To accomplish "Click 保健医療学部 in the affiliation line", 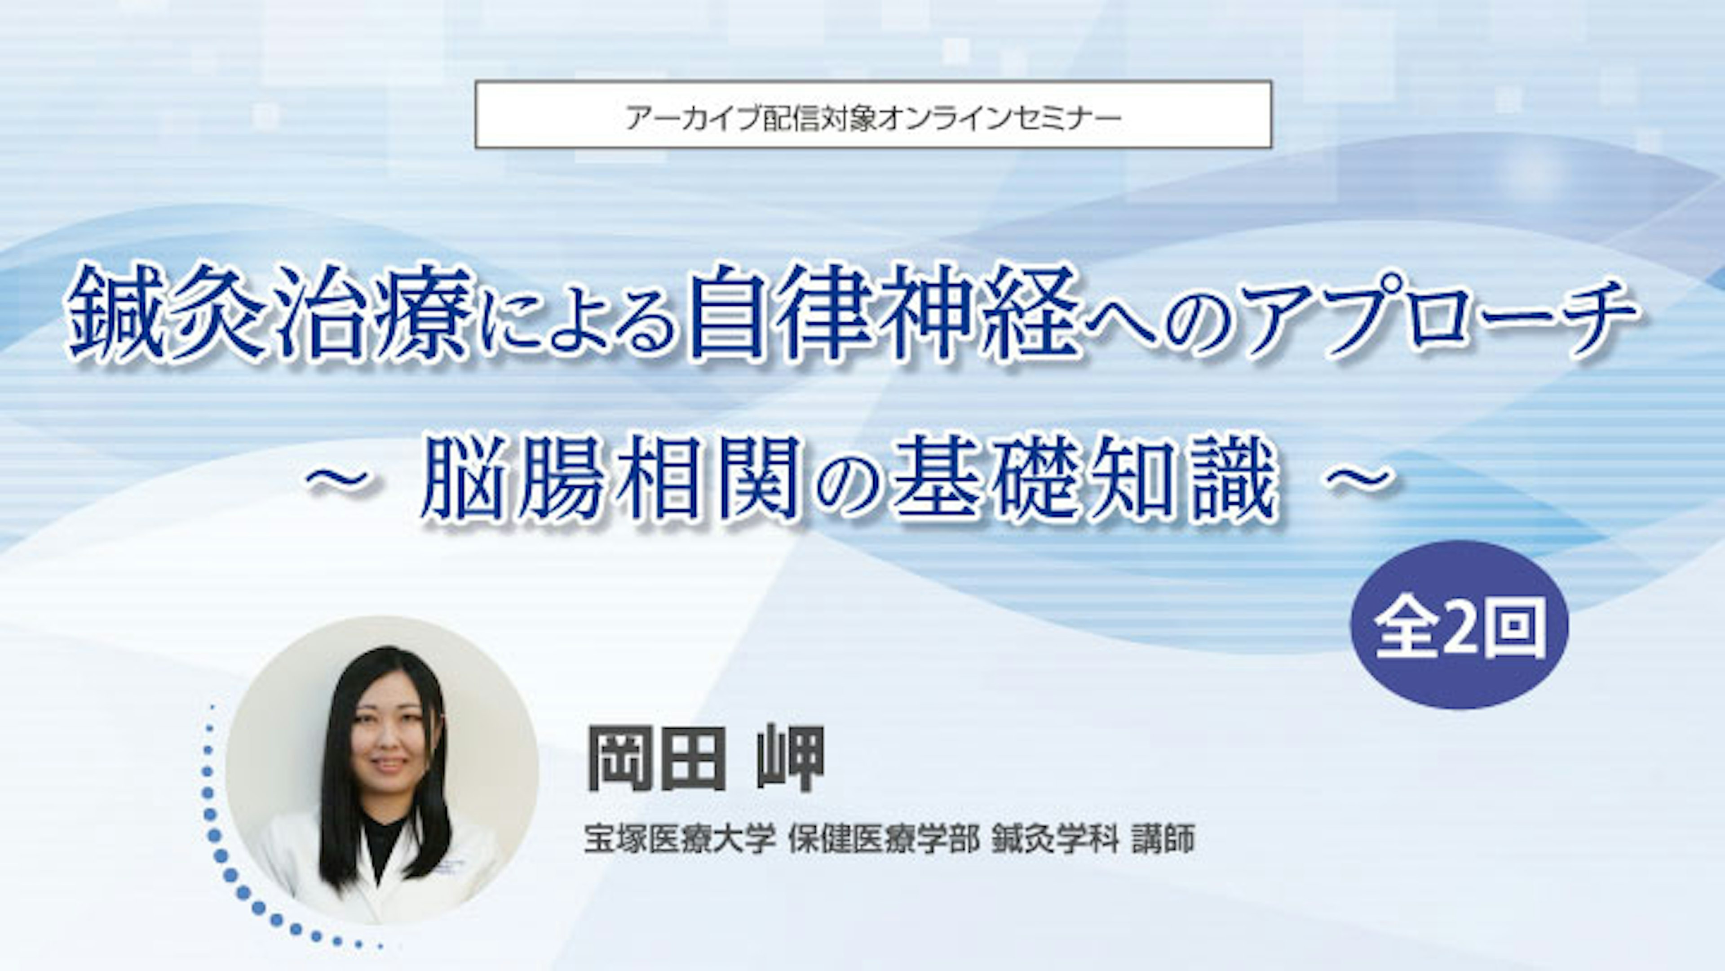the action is click(884, 838).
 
